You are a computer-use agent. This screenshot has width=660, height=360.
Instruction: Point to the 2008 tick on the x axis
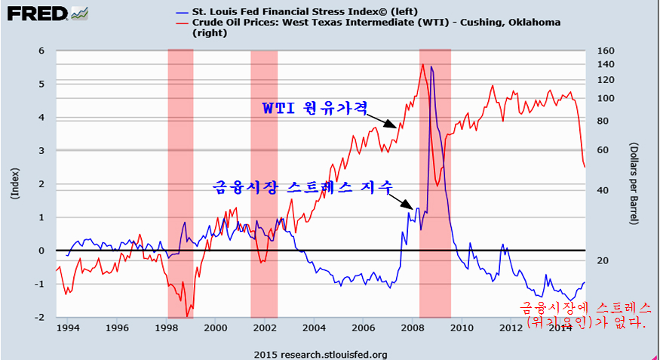413,328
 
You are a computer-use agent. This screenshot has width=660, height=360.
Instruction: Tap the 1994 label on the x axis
68,328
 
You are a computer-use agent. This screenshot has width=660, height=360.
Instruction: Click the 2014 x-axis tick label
561,328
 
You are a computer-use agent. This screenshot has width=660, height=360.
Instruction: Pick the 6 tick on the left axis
42,51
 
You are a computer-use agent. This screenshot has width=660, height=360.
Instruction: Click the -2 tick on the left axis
40,318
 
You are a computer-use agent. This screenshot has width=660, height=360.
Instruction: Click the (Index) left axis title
14,183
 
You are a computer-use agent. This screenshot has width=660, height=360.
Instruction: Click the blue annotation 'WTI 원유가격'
314,109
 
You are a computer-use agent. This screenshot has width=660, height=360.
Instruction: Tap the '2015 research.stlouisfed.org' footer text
321,354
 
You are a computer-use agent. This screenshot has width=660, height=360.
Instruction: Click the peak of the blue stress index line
431,67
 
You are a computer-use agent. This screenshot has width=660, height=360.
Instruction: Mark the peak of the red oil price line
422,64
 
